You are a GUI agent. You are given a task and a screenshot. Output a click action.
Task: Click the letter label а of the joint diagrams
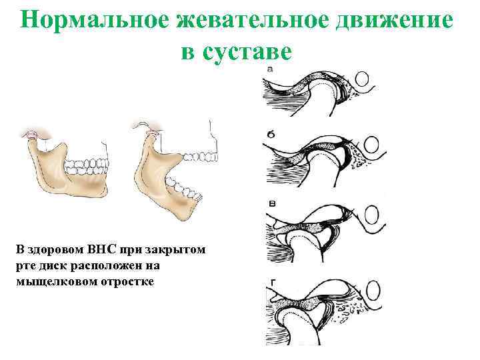(269, 69)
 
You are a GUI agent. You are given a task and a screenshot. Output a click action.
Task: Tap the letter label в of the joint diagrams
(271, 203)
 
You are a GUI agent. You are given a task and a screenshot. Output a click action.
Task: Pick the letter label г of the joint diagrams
(271, 283)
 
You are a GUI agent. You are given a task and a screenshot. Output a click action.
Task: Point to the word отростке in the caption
(127, 281)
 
